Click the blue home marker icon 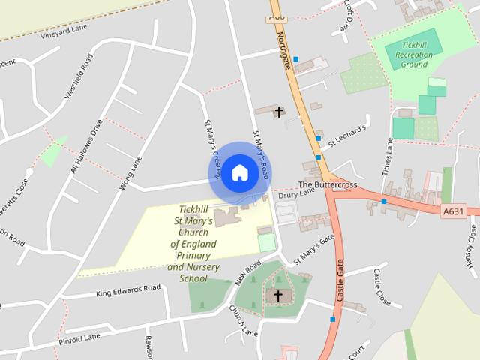point(239,172)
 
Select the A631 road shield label point(453,212)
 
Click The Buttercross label point(328,184)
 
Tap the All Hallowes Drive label point(85,147)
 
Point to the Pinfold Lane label point(79,338)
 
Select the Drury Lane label point(297,194)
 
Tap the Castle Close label point(382,286)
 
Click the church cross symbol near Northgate point(279,112)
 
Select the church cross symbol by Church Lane point(278,295)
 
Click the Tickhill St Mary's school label point(193,244)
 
